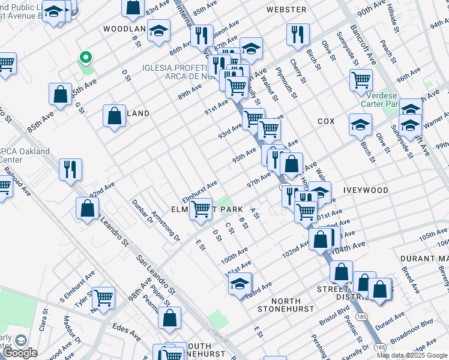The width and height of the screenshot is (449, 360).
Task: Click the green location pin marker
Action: click(86, 58)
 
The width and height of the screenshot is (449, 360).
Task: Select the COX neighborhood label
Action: click(326, 121)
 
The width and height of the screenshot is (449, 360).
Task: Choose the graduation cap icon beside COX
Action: click(360, 124)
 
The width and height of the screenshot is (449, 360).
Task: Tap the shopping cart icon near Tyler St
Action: click(103, 296)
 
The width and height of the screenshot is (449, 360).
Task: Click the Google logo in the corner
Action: click(20, 353)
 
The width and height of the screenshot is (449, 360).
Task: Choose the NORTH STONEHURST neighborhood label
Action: click(277, 305)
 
